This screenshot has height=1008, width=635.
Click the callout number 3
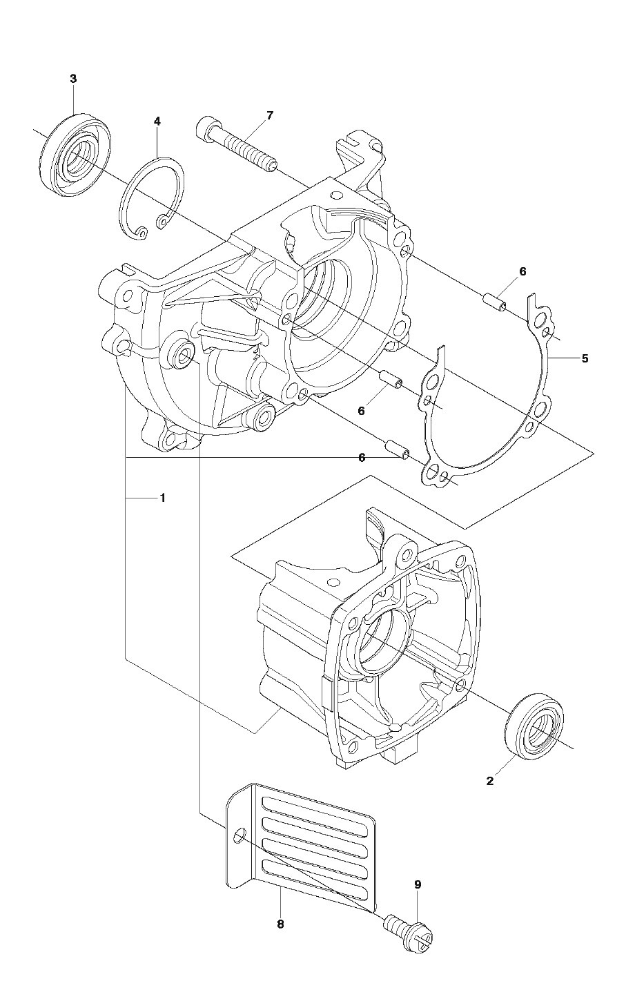(x=73, y=79)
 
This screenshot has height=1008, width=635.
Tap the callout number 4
(x=157, y=121)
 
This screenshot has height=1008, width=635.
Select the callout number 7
(x=269, y=115)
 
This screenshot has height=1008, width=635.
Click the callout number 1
(x=163, y=498)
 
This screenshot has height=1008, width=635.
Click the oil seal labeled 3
(x=75, y=155)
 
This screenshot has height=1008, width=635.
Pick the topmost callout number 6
(x=522, y=272)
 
